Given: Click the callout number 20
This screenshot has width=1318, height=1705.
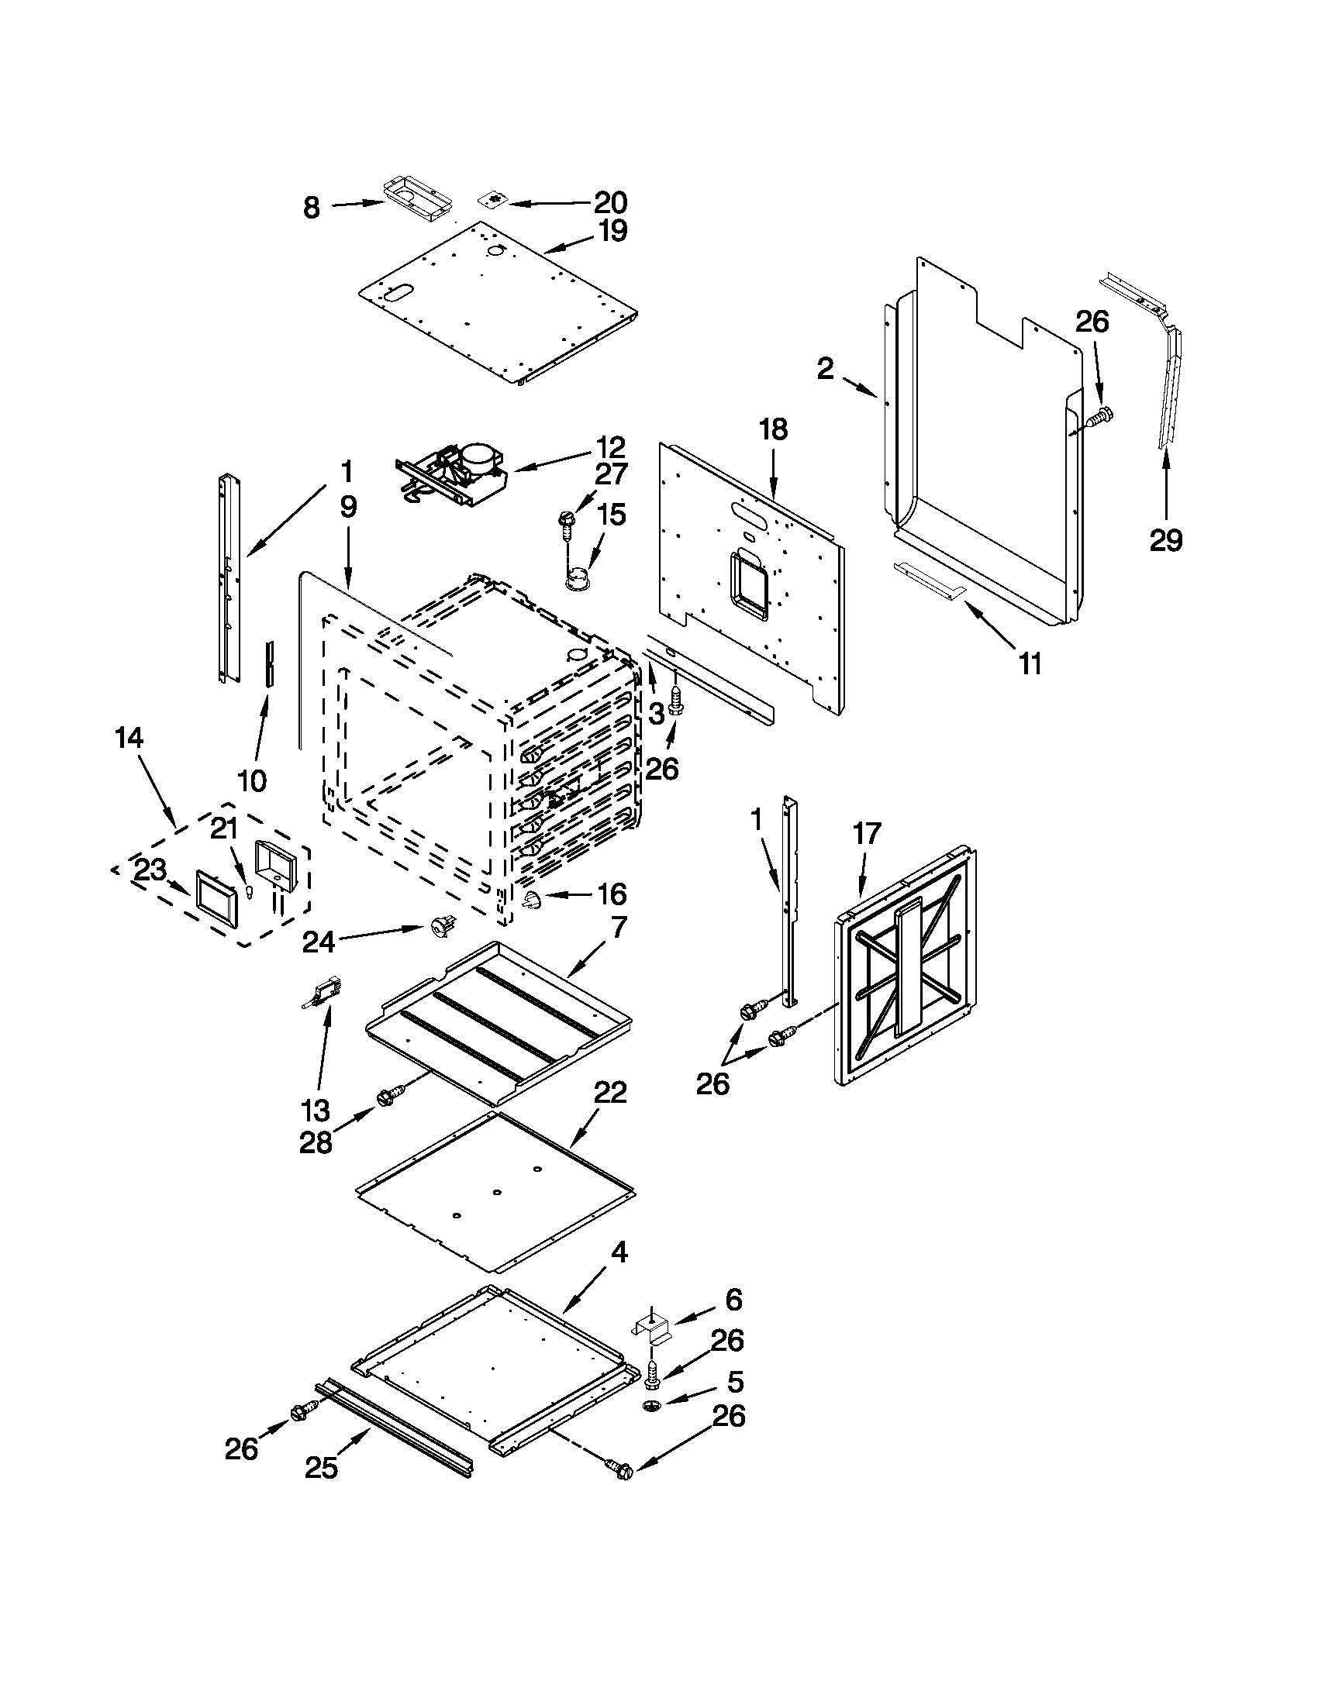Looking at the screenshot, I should coord(611,203).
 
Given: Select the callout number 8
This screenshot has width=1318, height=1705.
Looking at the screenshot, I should coord(312,208).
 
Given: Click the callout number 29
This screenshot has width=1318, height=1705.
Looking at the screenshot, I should coord(1166,539).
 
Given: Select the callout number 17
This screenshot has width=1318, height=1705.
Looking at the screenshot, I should coord(867,834).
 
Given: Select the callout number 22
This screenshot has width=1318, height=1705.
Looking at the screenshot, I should coord(611,1093).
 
